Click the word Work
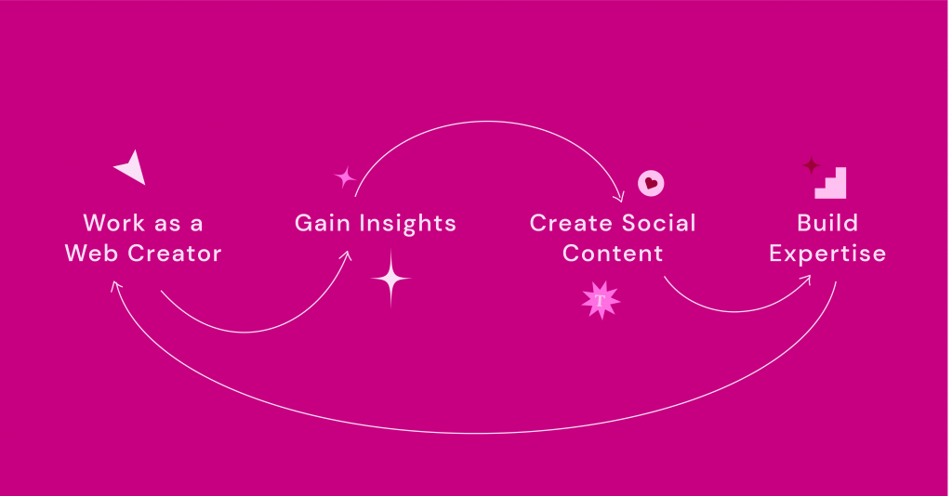point(114,223)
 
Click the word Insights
point(408,224)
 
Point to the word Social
point(659,223)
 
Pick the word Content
point(613,254)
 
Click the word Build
point(827,223)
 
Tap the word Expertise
point(827,255)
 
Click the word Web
point(92,254)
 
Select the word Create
point(571,223)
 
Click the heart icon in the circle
point(651,183)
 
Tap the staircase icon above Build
point(830,183)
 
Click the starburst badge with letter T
point(601,300)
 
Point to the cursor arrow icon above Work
point(132,168)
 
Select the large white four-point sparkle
point(391,279)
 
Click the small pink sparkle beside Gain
point(345,177)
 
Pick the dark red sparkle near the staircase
point(811,165)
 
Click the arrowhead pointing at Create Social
point(619,197)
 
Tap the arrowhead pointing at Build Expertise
point(805,281)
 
